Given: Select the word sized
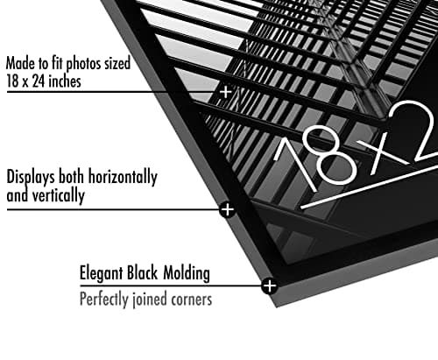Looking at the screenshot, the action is pos(117,63).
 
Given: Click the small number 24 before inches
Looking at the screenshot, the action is pos(39,81).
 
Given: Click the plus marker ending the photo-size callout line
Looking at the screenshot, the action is pos(226,92).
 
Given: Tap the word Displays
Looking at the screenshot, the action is pos(31,177).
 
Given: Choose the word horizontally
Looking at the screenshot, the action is pos(123,177).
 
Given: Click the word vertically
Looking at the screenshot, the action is pos(59,195).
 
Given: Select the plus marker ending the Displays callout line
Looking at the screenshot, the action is pos(228,209).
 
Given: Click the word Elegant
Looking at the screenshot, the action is pos(102,273).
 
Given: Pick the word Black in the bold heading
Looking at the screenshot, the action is pos(143,272).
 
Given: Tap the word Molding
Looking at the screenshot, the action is pos(187,273).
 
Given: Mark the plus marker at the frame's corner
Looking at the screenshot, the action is pos(269,286).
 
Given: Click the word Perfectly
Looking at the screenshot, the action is pos(104,300).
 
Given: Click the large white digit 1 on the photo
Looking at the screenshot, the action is pos(295,165).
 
